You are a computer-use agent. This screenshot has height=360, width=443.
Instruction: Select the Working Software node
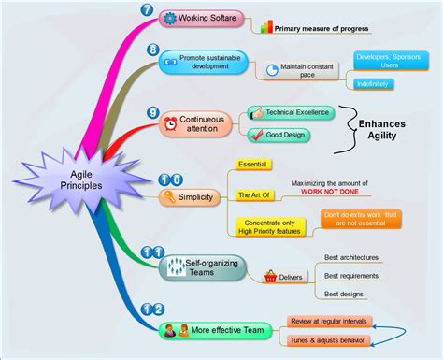click(x=201, y=18)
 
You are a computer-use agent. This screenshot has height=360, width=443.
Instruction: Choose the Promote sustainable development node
click(x=204, y=62)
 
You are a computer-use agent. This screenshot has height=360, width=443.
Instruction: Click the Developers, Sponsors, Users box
click(x=389, y=60)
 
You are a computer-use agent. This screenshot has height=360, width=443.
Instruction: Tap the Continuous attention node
click(x=195, y=123)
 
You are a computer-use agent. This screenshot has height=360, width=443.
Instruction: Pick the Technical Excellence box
click(x=290, y=112)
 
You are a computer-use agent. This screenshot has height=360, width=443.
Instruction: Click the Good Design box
click(x=279, y=135)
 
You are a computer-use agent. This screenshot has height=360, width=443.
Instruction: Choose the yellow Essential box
click(x=252, y=165)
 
